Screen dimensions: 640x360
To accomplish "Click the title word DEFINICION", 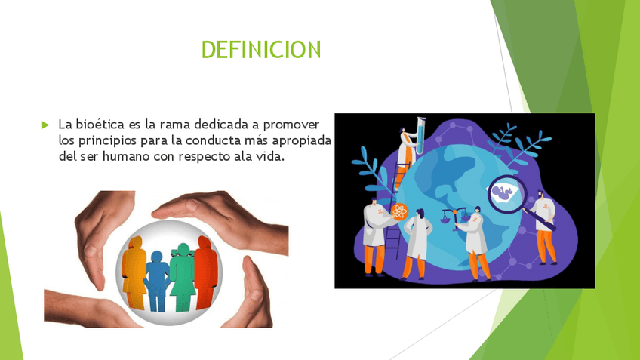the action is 261,49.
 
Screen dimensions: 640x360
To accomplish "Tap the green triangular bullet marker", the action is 45,125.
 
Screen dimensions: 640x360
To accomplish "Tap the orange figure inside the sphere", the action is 134,272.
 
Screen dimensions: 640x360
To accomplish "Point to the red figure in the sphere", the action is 205,272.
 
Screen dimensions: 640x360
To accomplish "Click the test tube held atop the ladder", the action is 420,136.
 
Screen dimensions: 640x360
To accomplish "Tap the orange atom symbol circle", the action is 399,211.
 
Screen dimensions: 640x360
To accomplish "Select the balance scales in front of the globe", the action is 454,218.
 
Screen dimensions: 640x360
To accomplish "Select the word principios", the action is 107,141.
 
